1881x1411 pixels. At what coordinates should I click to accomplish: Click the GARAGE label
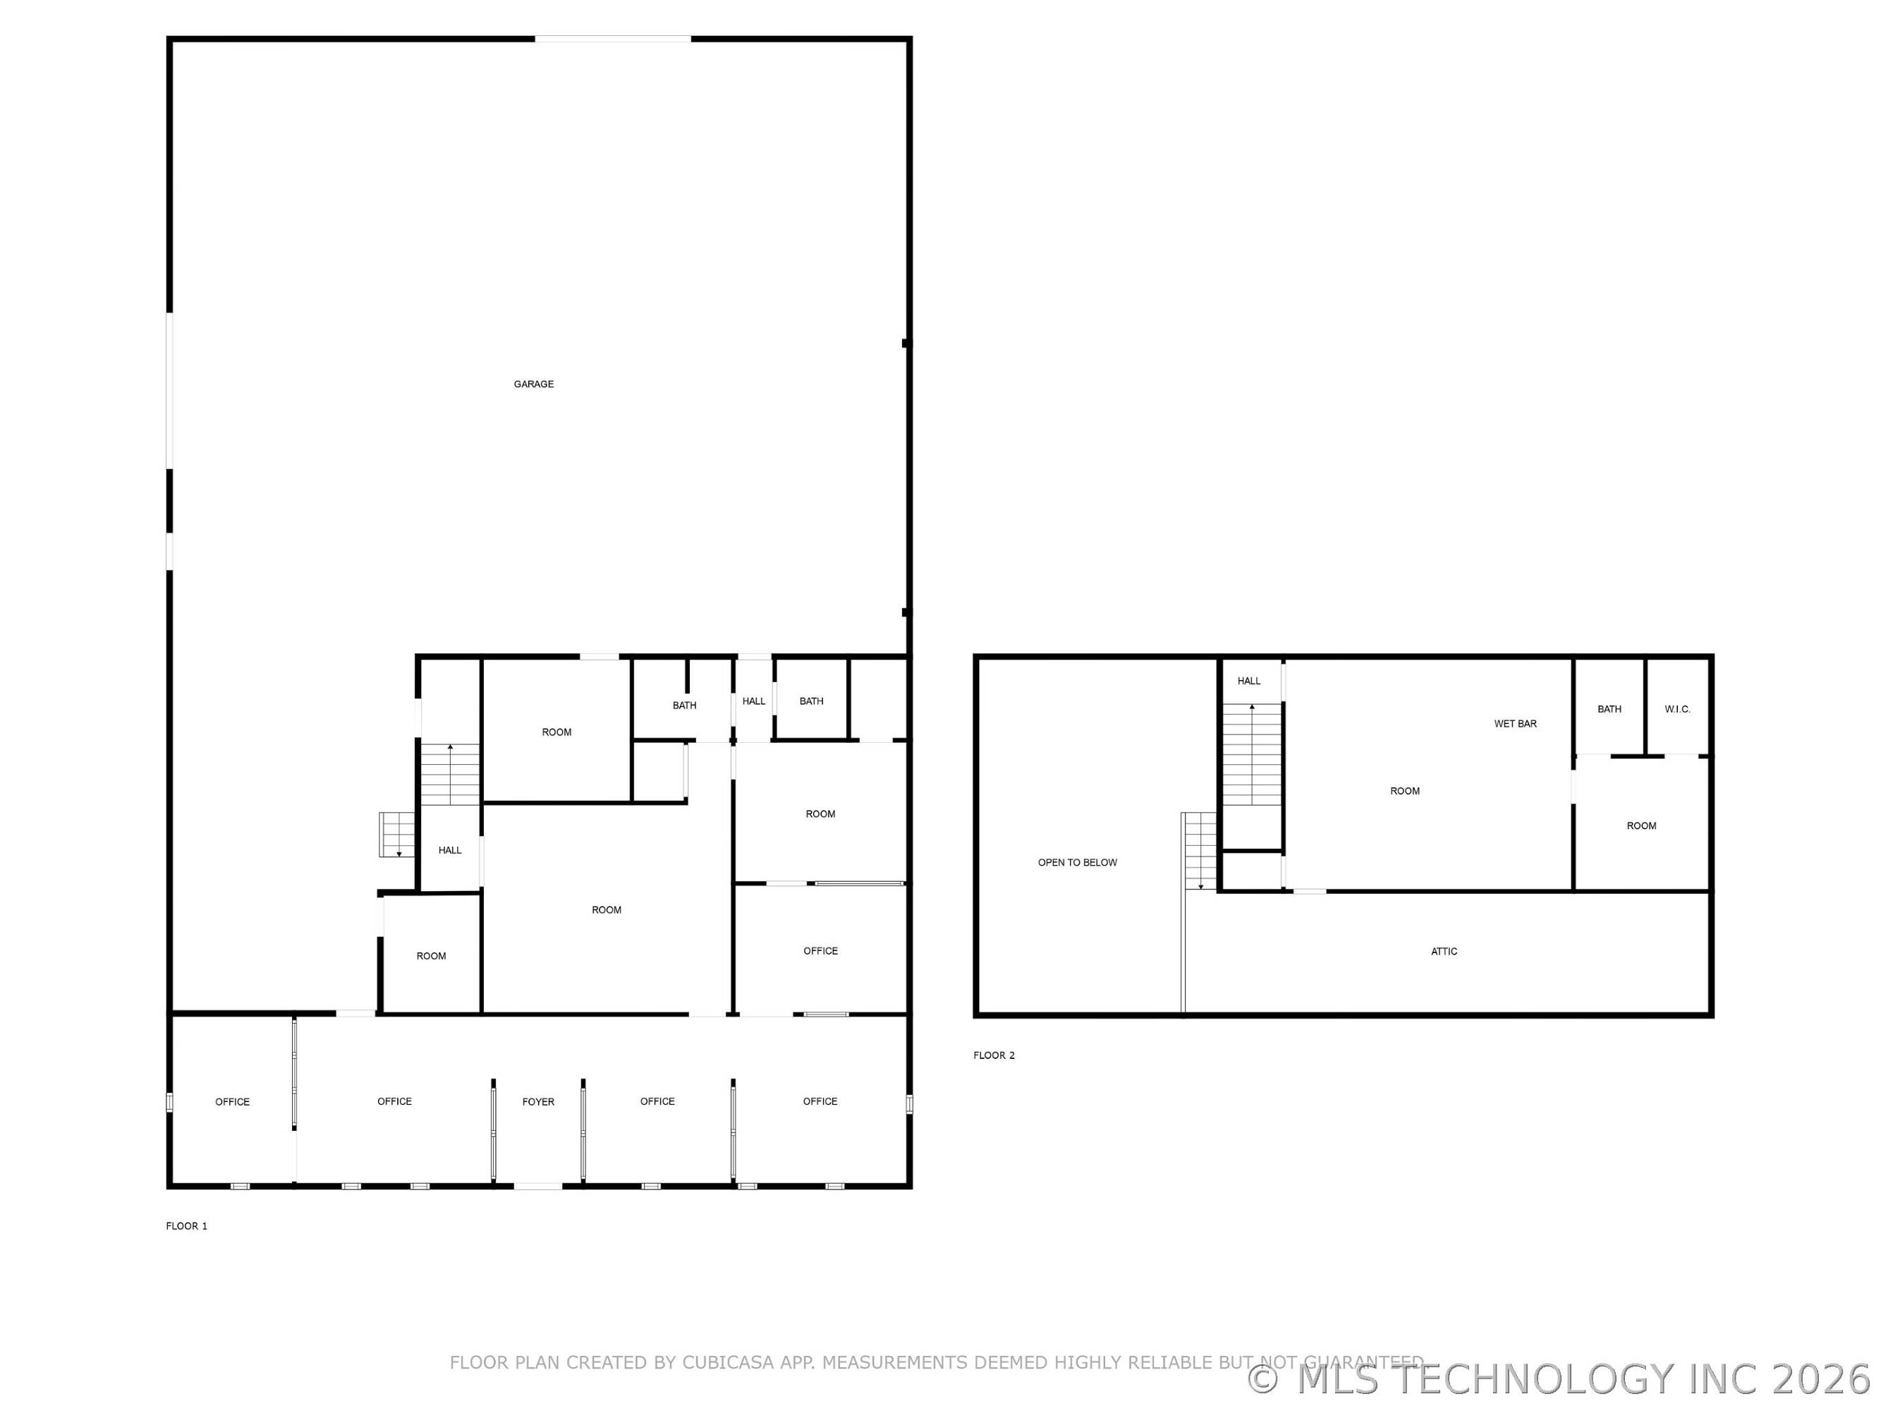tap(533, 384)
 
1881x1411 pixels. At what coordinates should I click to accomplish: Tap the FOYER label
tap(538, 1101)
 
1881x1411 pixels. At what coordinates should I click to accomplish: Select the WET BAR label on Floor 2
tap(1516, 724)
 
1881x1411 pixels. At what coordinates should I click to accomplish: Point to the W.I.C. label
tap(1678, 709)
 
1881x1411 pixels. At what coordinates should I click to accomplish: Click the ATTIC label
tap(1444, 952)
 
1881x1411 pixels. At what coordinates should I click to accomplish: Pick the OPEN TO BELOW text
tap(1078, 862)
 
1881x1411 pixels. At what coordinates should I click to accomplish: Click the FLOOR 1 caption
tap(186, 1225)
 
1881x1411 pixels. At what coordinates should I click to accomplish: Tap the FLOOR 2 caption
tap(994, 1055)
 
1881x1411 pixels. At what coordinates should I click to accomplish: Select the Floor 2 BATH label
tap(1609, 709)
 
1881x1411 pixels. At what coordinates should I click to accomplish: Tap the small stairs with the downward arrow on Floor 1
tap(397, 835)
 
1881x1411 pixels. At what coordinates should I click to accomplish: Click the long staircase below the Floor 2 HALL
tap(1252, 754)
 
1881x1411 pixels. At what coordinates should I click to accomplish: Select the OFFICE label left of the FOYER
tap(394, 1101)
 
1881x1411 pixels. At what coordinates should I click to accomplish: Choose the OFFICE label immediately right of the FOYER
tap(657, 1101)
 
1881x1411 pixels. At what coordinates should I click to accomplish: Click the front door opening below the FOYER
tap(537, 1186)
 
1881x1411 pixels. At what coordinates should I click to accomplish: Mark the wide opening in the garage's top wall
tap(612, 39)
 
